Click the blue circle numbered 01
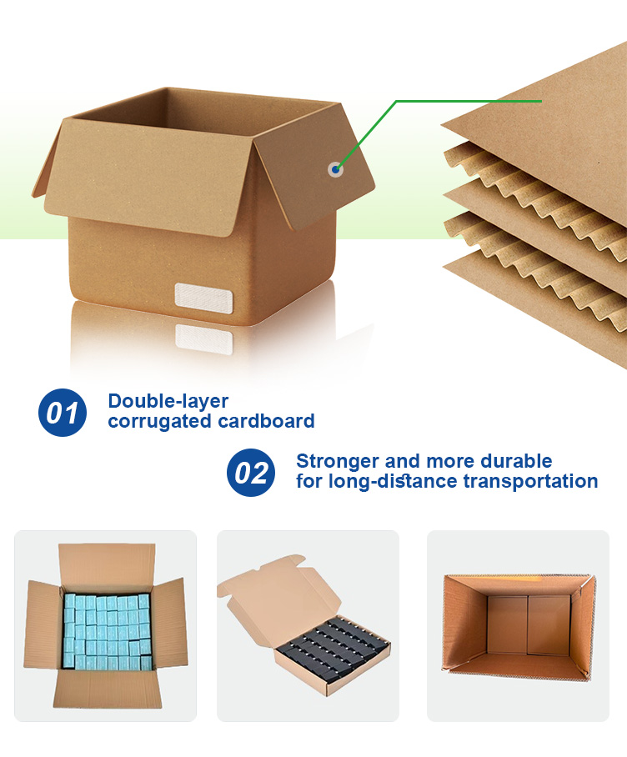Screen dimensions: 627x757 pos(63,413)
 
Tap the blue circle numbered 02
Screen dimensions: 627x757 pos(251,473)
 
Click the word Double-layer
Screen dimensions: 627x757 pos(168,402)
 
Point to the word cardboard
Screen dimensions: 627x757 pos(266,421)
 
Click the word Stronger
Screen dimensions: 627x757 pos(338,462)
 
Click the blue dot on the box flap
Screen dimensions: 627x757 pos(335,169)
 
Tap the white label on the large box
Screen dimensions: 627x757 pos(203,297)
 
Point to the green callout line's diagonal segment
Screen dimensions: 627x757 pos(366,135)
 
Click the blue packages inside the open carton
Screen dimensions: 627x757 pos(107,631)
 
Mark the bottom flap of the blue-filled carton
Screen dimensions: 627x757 pos(108,689)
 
